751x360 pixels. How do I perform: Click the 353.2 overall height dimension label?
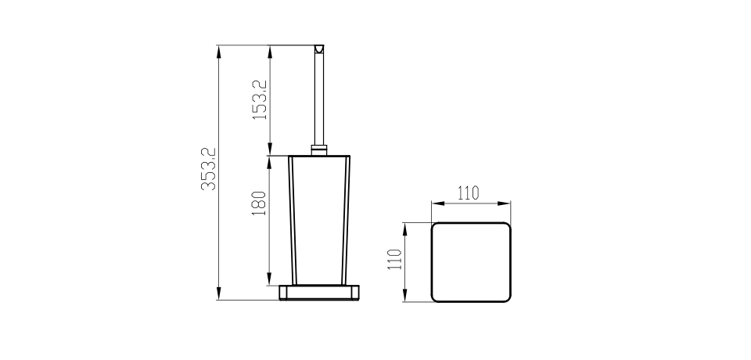[209, 169]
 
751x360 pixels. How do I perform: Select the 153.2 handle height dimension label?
[260, 99]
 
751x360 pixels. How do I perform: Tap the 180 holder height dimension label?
[259, 203]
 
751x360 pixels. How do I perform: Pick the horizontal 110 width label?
[468, 193]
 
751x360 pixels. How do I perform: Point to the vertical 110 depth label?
[394, 259]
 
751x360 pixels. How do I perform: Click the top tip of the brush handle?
[318, 45]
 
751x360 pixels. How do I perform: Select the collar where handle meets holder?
[319, 150]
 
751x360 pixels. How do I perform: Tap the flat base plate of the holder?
[319, 293]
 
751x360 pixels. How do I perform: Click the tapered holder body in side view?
[319, 221]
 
